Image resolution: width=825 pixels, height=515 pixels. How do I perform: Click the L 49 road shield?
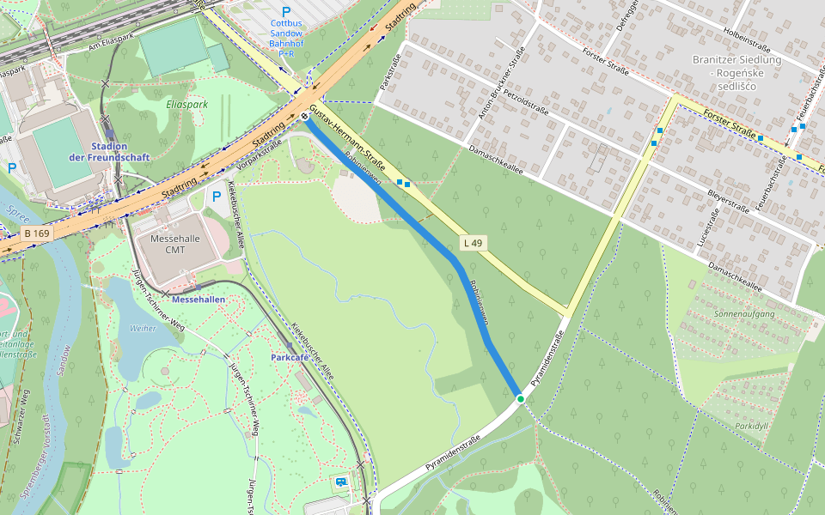(x=472, y=244)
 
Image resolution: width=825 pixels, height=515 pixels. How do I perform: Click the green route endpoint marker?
(x=520, y=398)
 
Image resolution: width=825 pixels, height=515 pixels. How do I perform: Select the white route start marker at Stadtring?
(x=304, y=117)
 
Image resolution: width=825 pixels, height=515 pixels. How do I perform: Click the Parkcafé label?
(x=290, y=356)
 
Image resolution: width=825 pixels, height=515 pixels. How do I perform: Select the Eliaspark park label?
(x=181, y=104)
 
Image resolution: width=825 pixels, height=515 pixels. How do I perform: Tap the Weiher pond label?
(x=143, y=328)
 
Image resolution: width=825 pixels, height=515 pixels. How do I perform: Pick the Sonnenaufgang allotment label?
(x=743, y=314)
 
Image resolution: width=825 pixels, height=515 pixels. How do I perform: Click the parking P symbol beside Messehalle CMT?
(x=216, y=197)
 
